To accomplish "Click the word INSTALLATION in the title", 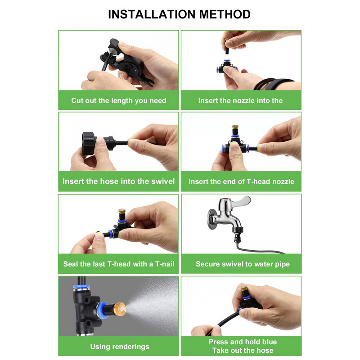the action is pos(152,14).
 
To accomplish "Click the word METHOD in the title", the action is pos(225,14).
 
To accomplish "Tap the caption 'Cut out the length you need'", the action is pos(118,100).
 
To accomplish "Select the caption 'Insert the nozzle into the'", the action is pos(240,100).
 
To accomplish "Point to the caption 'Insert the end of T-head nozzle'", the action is pos(241,182).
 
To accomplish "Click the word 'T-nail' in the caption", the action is pos(165,264).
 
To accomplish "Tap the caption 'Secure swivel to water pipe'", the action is pos(243,264).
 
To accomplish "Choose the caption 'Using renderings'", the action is pos(120,346).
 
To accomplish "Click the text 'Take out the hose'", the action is pos(243,351).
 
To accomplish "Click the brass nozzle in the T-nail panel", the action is pos(122,213).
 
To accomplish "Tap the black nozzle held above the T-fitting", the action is pos(228,48).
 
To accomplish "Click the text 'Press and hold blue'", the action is pos(243,342).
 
